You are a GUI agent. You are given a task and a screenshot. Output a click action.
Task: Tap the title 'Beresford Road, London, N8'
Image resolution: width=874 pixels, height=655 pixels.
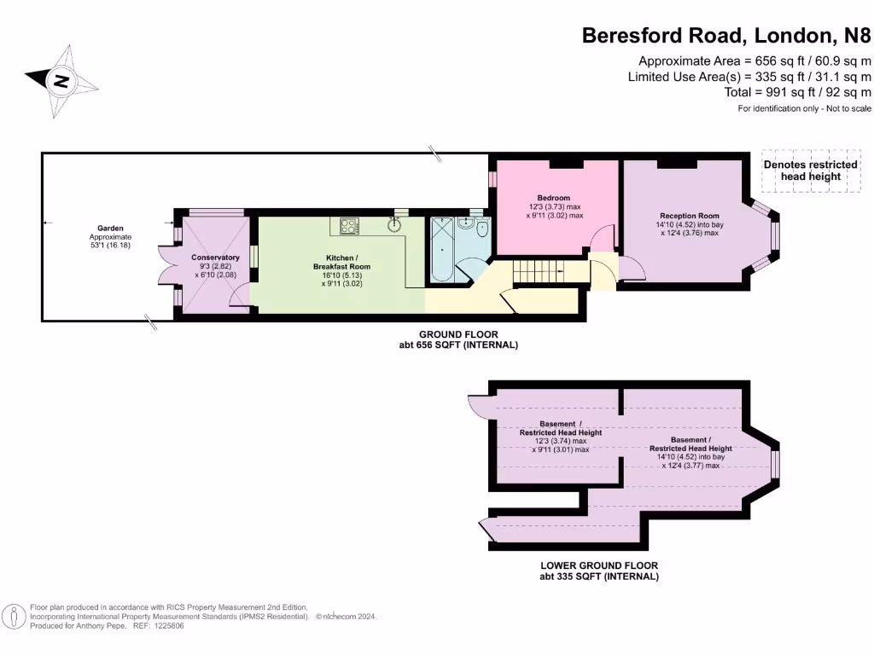tap(726, 35)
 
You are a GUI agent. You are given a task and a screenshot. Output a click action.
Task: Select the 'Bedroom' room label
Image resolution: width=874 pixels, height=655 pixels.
tap(553, 198)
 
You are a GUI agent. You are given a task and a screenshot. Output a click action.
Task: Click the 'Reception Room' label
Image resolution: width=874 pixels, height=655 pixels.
tap(689, 216)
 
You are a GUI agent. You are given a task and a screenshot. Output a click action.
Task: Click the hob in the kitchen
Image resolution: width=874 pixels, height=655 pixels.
tap(350, 226)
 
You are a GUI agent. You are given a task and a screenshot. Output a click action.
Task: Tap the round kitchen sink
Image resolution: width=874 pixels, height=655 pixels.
tap(393, 225)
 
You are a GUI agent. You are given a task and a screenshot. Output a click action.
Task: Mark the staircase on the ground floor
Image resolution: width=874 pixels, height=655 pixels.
tap(538, 272)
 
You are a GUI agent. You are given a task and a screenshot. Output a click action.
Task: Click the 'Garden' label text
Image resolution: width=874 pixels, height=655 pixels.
tap(110, 228)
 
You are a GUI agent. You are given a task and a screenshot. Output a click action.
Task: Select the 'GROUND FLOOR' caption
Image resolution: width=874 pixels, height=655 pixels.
tap(457, 334)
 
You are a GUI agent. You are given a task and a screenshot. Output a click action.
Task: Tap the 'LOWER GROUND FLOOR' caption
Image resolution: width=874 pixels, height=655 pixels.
tap(598, 565)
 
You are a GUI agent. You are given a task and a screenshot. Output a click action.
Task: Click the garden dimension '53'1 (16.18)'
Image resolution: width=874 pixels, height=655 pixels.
tap(110, 246)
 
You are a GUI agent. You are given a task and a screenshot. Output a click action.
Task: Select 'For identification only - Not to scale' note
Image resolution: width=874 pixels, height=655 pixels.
tap(804, 109)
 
